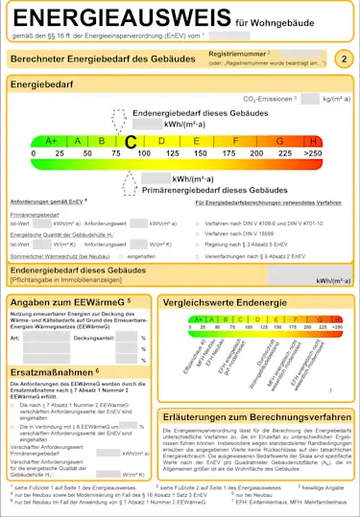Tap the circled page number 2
pos(345,59)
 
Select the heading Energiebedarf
pos(41,85)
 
